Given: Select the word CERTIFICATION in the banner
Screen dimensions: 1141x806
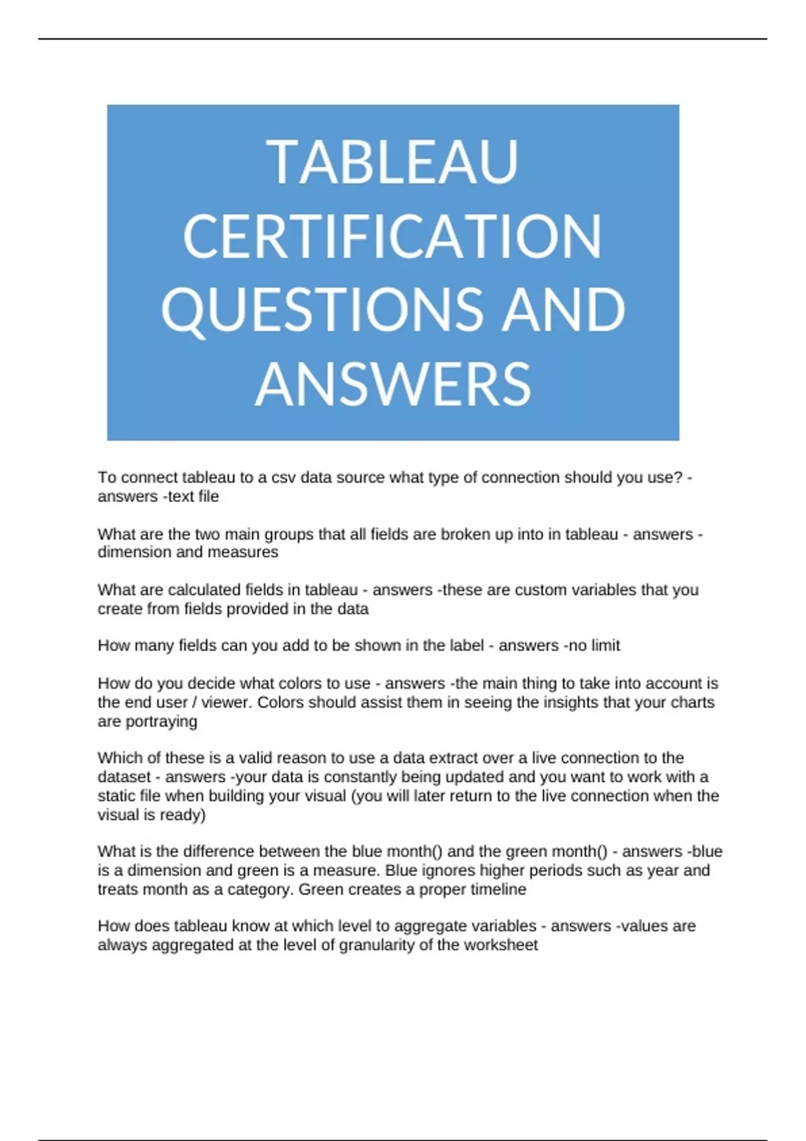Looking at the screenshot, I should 393,236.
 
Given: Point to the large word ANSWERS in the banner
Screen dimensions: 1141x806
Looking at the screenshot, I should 393,384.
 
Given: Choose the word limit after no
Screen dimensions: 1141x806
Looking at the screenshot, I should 605,645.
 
